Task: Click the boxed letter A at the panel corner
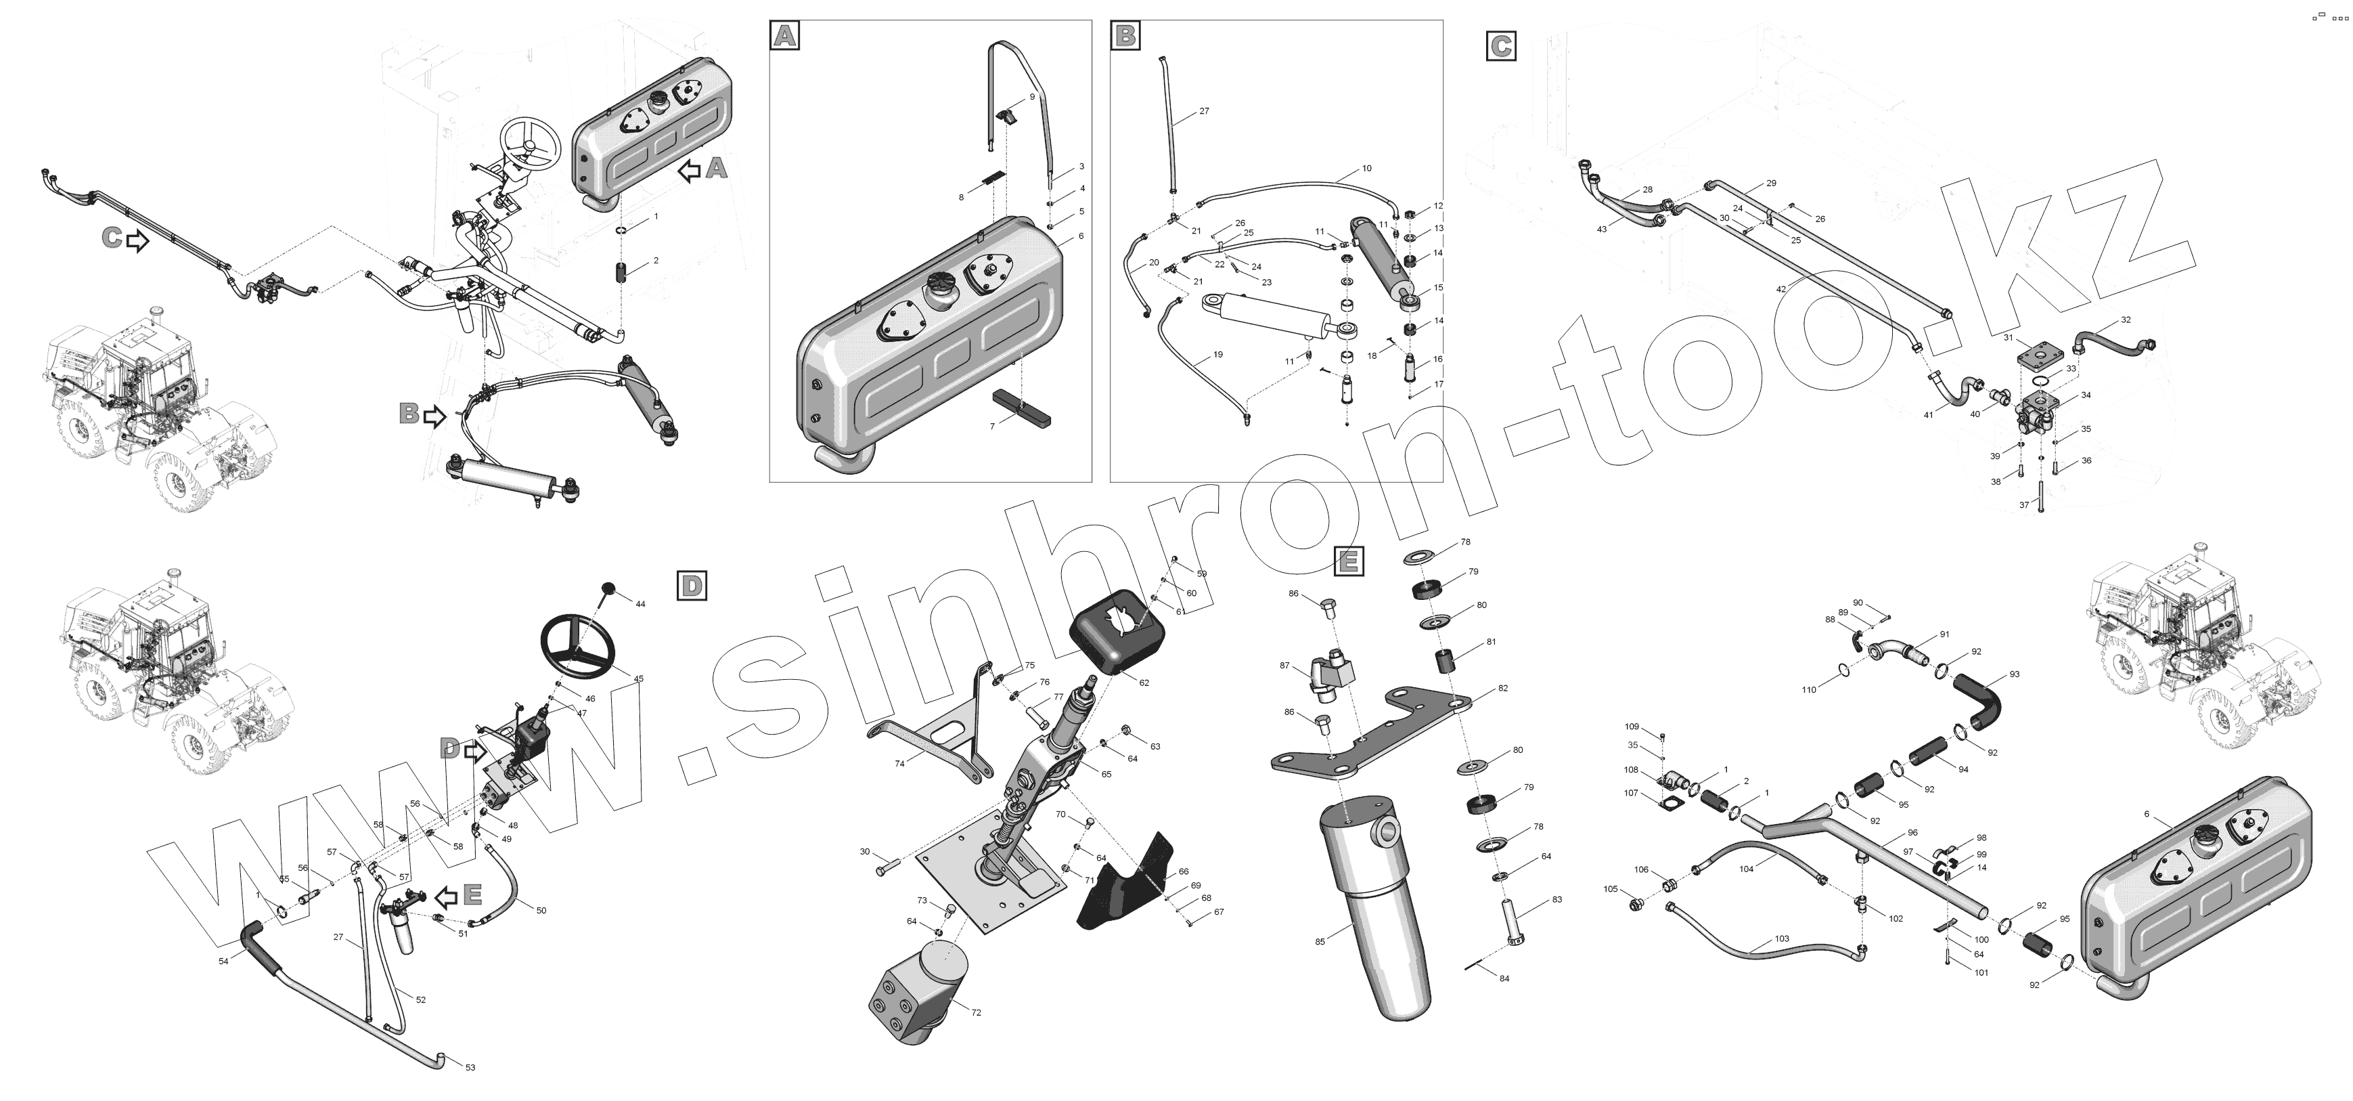pyautogui.click(x=784, y=36)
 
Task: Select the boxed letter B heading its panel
pyautogui.click(x=1125, y=36)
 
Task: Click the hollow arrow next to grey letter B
pyautogui.click(x=434, y=416)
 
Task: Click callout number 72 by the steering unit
pyautogui.click(x=976, y=1012)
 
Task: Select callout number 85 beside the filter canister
pyautogui.click(x=1320, y=941)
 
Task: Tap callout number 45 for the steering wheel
pyautogui.click(x=638, y=679)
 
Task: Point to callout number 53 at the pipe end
pyautogui.click(x=470, y=1067)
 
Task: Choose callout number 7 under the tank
pyautogui.click(x=992, y=427)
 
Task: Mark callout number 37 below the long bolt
pyautogui.click(x=2024, y=505)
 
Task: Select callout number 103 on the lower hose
pyautogui.click(x=1781, y=938)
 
